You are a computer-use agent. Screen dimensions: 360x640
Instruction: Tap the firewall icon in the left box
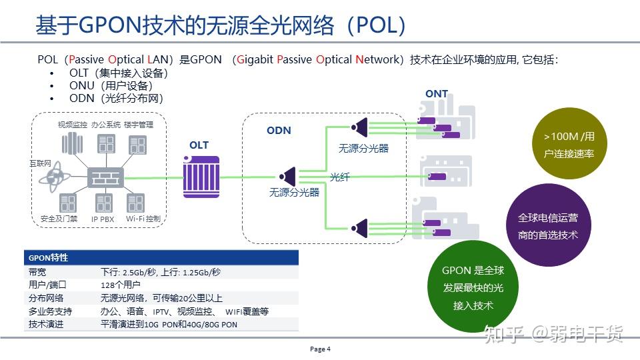coord(104,177)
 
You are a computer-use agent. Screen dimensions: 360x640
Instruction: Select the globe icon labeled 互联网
coord(52,178)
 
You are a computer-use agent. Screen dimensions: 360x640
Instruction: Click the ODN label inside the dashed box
coord(279,131)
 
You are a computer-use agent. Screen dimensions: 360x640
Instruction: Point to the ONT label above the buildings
coord(437,94)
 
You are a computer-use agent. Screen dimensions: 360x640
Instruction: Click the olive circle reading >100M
coord(568,145)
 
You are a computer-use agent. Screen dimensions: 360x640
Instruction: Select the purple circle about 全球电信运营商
coord(547,226)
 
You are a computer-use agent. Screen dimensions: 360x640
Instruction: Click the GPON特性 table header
coord(48,257)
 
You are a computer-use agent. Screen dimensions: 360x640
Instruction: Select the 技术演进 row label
coord(46,324)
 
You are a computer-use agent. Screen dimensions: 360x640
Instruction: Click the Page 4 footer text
coord(320,349)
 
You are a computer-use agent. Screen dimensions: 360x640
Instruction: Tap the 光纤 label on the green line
coord(339,177)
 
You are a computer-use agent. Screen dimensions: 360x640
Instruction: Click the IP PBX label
coord(103,219)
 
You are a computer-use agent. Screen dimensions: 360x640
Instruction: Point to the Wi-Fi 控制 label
coord(143,219)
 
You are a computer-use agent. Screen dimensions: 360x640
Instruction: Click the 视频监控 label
coord(72,125)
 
